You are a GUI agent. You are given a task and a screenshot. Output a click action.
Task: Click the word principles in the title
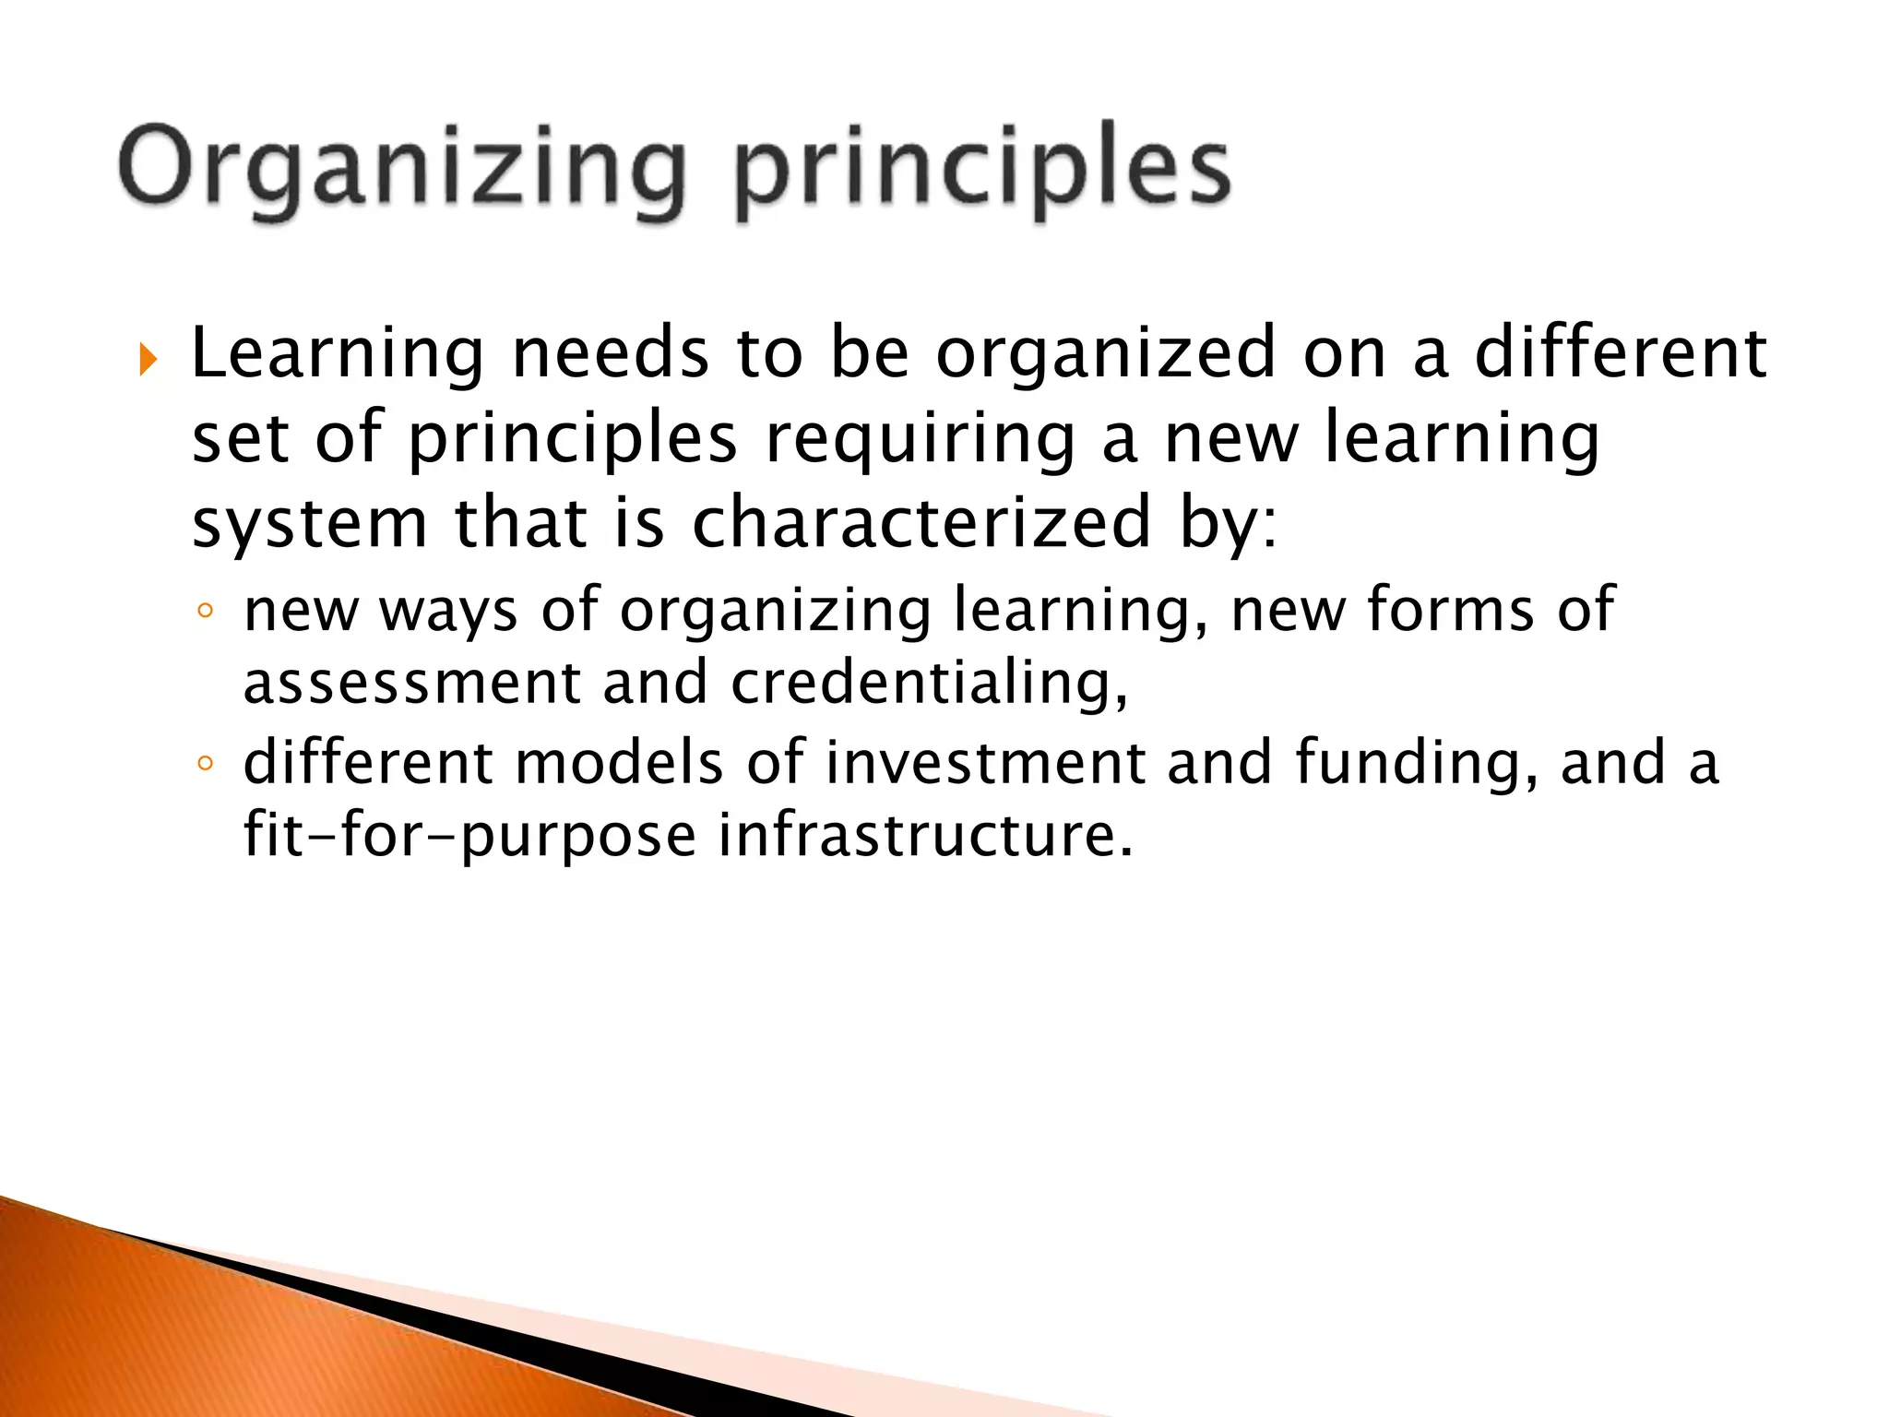(x=982, y=171)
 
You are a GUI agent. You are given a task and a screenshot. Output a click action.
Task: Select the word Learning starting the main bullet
(x=337, y=355)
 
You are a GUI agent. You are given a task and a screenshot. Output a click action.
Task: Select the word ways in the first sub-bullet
(x=448, y=613)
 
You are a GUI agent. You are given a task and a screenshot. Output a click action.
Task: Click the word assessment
(x=411, y=684)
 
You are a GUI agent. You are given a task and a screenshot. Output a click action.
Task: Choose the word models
(x=618, y=764)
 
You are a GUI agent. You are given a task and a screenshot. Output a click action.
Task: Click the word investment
(x=983, y=764)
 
